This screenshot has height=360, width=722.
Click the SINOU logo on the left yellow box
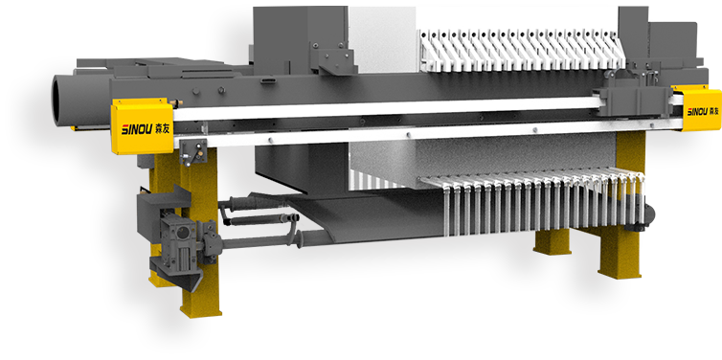[131, 127]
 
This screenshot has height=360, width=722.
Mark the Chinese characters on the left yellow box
[157, 127]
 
